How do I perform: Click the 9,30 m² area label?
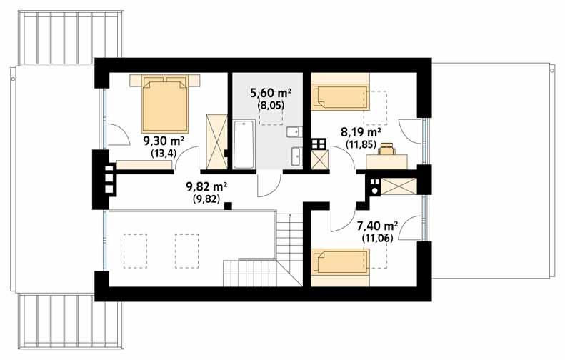point(165,141)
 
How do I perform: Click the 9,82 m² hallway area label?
point(206,187)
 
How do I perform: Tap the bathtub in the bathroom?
point(244,144)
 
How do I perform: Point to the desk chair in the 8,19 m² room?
point(387,149)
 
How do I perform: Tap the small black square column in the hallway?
point(228,206)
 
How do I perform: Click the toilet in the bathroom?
point(294,132)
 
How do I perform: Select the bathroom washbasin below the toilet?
point(296,155)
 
